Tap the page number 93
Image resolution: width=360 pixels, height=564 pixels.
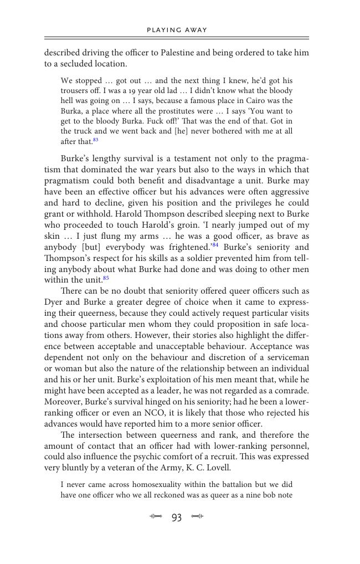177,517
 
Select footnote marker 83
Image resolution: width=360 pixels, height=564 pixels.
96,140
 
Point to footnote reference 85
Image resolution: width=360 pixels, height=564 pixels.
106,278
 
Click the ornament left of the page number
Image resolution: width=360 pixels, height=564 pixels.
156,517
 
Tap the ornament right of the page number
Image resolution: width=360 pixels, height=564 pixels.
197,517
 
